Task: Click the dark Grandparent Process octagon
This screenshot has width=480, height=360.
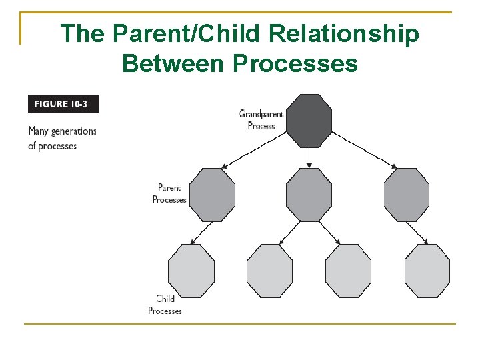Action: [x=309, y=121]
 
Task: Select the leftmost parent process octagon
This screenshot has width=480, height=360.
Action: [x=212, y=195]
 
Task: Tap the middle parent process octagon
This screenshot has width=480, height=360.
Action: [x=309, y=195]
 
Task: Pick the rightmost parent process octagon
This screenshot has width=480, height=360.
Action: [x=406, y=195]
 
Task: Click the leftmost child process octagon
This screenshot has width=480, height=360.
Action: [x=191, y=271]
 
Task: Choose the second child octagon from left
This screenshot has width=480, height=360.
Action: [x=269, y=271]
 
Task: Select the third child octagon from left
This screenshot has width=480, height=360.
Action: [x=348, y=271]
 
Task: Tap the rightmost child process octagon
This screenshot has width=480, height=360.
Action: [x=427, y=271]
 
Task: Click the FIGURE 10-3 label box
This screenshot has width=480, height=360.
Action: [x=63, y=104]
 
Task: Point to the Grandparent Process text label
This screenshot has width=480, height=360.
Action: [x=261, y=119]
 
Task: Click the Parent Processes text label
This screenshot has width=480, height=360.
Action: [x=169, y=193]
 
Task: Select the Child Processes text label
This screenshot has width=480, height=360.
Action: [x=165, y=305]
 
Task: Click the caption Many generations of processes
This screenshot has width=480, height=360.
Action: [x=62, y=139]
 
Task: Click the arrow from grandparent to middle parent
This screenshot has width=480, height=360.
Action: [x=309, y=157]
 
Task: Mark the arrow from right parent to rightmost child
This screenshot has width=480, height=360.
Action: [x=418, y=233]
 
